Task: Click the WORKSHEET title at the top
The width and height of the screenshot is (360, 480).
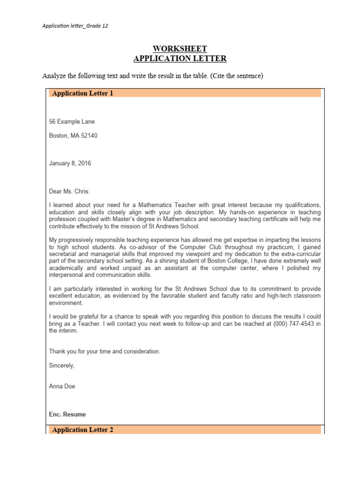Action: [x=180, y=49]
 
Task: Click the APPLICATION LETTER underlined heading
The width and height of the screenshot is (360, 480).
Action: [x=180, y=59]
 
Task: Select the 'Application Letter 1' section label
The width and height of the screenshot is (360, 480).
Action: [x=83, y=93]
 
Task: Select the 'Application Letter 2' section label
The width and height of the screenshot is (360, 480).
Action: [x=83, y=430]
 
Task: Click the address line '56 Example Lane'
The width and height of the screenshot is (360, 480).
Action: [x=72, y=121]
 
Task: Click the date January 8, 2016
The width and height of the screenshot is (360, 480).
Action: [x=70, y=164]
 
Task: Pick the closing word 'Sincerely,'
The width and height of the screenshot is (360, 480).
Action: [x=62, y=365]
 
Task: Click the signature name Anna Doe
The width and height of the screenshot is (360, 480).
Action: [x=62, y=386]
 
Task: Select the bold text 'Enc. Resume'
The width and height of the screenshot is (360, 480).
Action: [x=67, y=414]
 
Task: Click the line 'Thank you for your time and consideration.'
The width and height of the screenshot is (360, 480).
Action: [x=105, y=351]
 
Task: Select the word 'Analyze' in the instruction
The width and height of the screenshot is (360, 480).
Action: [x=54, y=75]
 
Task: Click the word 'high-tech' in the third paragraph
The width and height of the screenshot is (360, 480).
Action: [x=269, y=296]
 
